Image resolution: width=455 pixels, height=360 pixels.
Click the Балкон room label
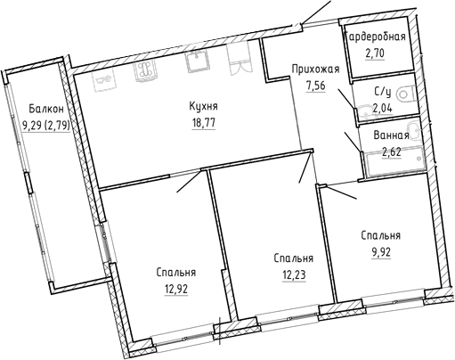tap(46, 109)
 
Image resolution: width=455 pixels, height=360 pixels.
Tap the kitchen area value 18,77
tap(203, 122)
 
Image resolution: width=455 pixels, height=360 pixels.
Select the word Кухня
tap(203, 106)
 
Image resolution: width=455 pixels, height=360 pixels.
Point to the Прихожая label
tap(315, 70)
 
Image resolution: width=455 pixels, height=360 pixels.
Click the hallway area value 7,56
tap(315, 86)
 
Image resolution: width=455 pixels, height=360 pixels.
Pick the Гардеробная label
tap(377, 37)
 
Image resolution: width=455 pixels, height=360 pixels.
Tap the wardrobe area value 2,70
tap(375, 53)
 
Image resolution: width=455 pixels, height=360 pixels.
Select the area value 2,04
tap(383, 109)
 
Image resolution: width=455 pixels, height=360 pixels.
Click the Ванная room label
tap(391, 135)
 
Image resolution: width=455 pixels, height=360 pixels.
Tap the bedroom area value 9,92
tap(381, 252)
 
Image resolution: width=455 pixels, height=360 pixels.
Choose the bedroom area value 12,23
tap(294, 275)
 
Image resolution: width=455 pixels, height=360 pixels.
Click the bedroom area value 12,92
tap(176, 289)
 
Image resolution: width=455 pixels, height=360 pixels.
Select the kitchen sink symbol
tap(197, 61)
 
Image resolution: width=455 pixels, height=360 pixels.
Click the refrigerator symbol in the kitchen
tap(240, 59)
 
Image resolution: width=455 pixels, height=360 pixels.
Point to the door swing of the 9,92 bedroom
tap(341, 192)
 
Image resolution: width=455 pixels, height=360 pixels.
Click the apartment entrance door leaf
tap(316, 12)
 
